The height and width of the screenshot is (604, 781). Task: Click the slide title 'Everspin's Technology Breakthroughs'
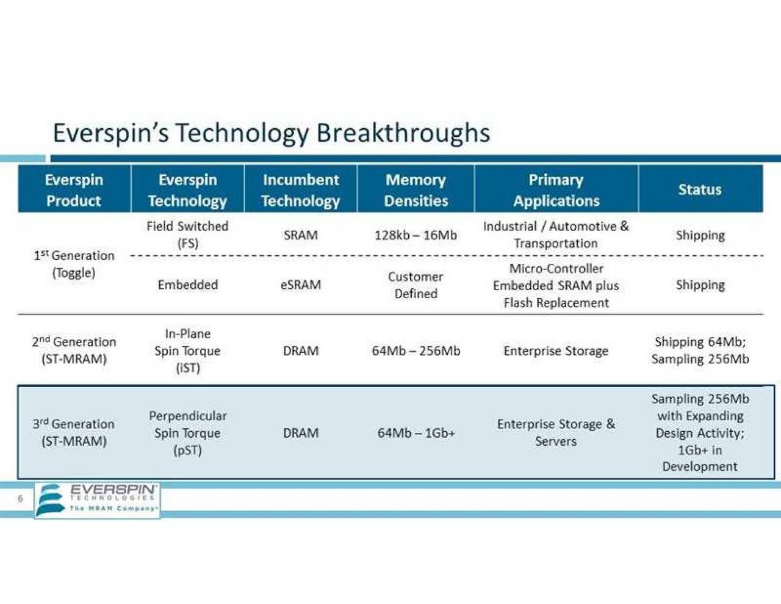(271, 133)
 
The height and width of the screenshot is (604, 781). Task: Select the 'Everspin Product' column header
(74, 190)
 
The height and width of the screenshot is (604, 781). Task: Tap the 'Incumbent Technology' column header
(300, 190)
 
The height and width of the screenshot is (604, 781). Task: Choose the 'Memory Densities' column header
(416, 190)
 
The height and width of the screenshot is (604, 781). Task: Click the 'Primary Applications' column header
(556, 190)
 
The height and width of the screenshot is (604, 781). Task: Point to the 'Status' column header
(700, 189)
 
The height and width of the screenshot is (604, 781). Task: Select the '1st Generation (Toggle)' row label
(74, 264)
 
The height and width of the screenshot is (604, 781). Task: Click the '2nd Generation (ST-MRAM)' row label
(74, 351)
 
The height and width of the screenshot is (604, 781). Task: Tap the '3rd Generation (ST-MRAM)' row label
(74, 432)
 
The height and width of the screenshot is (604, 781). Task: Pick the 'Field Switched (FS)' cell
(187, 235)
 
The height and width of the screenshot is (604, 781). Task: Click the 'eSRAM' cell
(300, 285)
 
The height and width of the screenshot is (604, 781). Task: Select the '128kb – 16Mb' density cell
(416, 235)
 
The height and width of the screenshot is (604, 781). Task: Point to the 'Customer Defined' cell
(416, 285)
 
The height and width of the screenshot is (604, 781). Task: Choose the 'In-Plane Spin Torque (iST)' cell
(187, 351)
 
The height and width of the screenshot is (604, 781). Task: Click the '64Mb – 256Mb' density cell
(416, 351)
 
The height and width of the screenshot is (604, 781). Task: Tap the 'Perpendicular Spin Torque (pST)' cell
(187, 432)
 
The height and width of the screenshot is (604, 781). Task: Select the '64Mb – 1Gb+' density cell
(416, 433)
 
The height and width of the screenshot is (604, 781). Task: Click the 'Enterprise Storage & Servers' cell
(556, 432)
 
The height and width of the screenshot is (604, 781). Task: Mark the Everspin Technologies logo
(98, 500)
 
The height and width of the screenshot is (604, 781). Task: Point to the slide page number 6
(20, 499)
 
